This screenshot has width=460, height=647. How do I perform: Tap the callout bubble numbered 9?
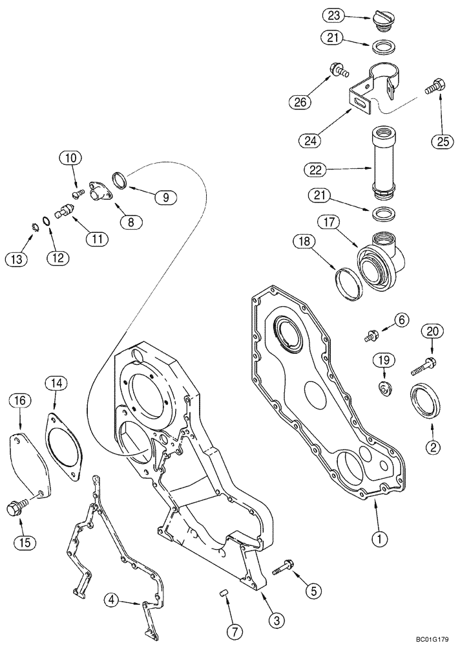coord(165,197)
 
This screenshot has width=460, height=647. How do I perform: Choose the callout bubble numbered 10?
coord(71,157)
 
